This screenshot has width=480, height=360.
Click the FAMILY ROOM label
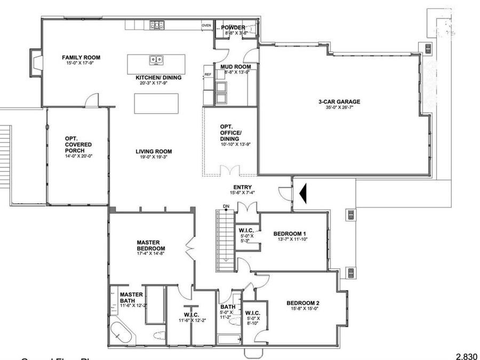coord(81,58)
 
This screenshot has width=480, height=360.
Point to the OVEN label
coord(206,26)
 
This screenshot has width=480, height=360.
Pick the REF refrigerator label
coord(208,75)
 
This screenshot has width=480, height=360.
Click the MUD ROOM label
coord(235,67)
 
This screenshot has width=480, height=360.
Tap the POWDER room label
coord(233,27)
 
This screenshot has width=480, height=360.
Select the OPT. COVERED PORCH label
coord(78,145)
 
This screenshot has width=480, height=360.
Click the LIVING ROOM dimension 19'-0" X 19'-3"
coord(154,158)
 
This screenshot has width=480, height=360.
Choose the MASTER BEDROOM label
coord(151,245)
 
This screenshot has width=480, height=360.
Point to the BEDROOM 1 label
coord(290,234)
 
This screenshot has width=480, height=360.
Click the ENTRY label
coord(243,187)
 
